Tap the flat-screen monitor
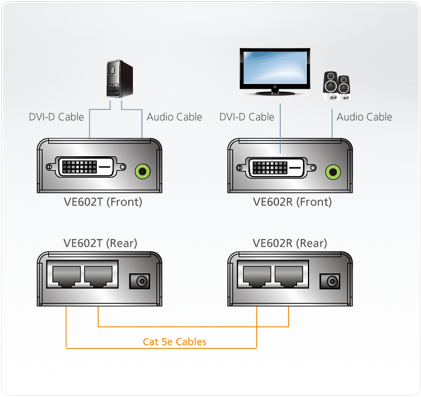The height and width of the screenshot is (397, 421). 275,71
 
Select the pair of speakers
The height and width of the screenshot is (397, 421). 337,85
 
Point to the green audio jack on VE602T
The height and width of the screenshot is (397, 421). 142,171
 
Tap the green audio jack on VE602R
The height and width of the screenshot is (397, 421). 332,172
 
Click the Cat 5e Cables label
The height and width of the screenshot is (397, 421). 174,342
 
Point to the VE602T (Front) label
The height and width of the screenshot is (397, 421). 103,202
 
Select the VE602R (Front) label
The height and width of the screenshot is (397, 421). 292,202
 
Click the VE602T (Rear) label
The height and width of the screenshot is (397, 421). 100,243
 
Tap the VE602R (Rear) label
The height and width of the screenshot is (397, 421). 290,243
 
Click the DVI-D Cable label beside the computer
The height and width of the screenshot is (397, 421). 57,117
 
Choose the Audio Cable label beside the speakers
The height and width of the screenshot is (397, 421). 364,117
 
